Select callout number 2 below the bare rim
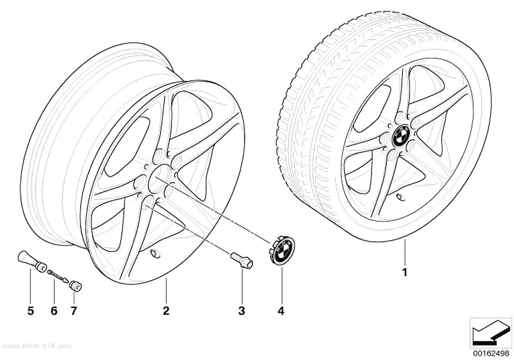point(166,311)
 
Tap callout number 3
point(242,311)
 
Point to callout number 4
point(281,311)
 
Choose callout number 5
point(30,311)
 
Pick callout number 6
point(54,311)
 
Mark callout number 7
point(73,311)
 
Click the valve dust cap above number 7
point(75,286)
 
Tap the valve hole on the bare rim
point(153,253)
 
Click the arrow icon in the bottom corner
point(491,334)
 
